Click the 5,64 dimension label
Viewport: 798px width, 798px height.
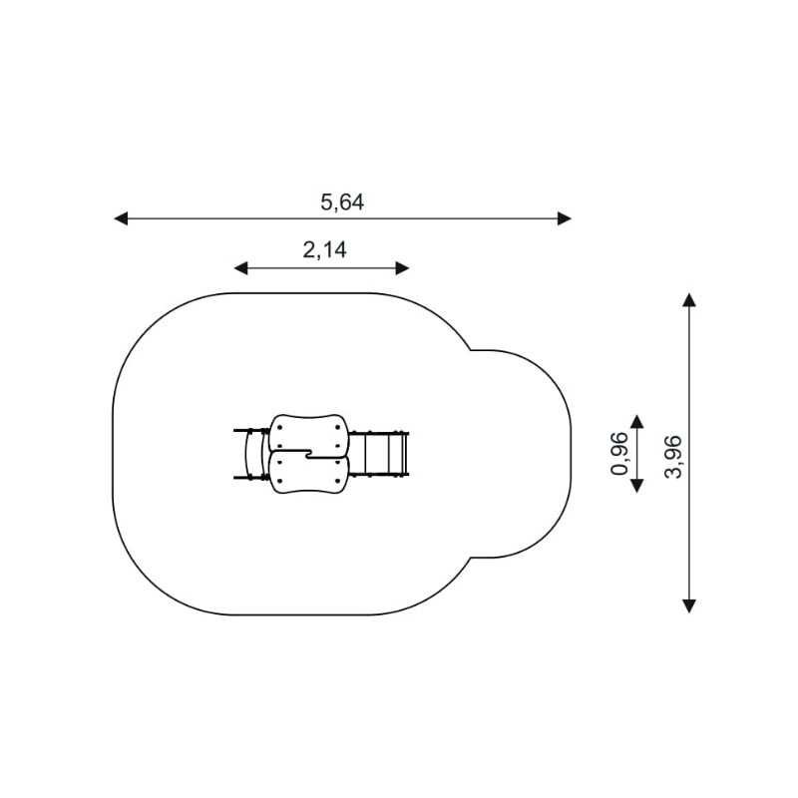coord(342,202)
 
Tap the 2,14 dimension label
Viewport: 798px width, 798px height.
coord(325,250)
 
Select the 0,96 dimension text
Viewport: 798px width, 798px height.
coord(619,454)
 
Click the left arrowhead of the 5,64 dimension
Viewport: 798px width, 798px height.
coord(121,218)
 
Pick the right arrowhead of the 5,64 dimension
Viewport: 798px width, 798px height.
coord(565,218)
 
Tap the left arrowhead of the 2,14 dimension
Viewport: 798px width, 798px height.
coord(240,268)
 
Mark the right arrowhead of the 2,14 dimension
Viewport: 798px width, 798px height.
coord(403,268)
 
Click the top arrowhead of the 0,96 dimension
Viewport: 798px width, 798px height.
coord(636,421)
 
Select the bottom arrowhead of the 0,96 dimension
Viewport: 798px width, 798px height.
coord(636,486)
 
